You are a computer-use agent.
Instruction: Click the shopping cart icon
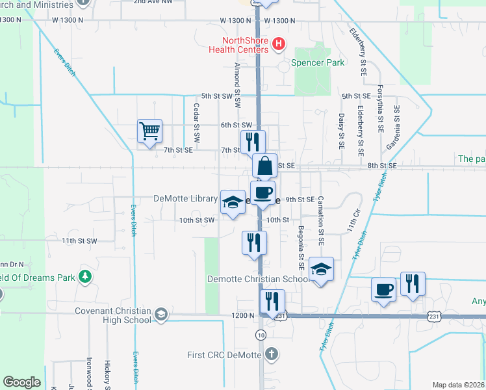click(149, 131)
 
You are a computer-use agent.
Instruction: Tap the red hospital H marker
click(279, 45)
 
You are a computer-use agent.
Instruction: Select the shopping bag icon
click(264, 165)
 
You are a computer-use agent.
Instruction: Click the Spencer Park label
click(318, 63)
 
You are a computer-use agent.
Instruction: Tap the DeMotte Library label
click(185, 198)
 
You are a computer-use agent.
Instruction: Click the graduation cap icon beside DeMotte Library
click(232, 201)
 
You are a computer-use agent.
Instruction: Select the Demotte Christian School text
click(257, 279)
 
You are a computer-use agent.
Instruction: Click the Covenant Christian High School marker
click(160, 316)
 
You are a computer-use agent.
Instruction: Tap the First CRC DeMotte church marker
click(272, 355)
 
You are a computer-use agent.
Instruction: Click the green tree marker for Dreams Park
click(84, 276)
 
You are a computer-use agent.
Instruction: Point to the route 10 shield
click(261, 335)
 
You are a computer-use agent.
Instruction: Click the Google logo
click(22, 382)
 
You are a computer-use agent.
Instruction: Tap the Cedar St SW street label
click(196, 118)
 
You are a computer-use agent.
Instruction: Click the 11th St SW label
click(79, 241)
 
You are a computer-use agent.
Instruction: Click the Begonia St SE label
click(301, 247)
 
